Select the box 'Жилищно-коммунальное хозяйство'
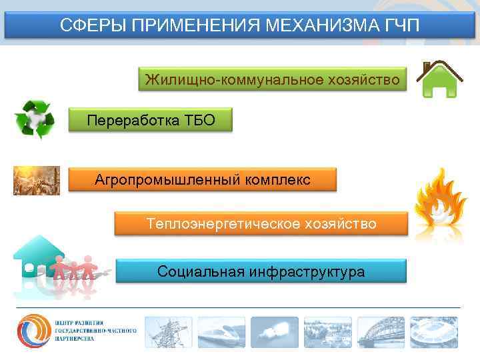[273, 80]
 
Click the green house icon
[441, 81]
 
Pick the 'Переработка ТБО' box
[151, 121]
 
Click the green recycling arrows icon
[34, 120]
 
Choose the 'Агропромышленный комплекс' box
[203, 180]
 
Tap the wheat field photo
[37, 180]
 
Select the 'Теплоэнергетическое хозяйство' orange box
[261, 223]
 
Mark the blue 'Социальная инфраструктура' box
[261, 271]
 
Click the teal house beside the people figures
[33, 257]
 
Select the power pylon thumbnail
[168, 331]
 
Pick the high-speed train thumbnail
[221, 331]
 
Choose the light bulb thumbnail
[274, 331]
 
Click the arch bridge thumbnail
[381, 331]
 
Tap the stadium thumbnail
[434, 331]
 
